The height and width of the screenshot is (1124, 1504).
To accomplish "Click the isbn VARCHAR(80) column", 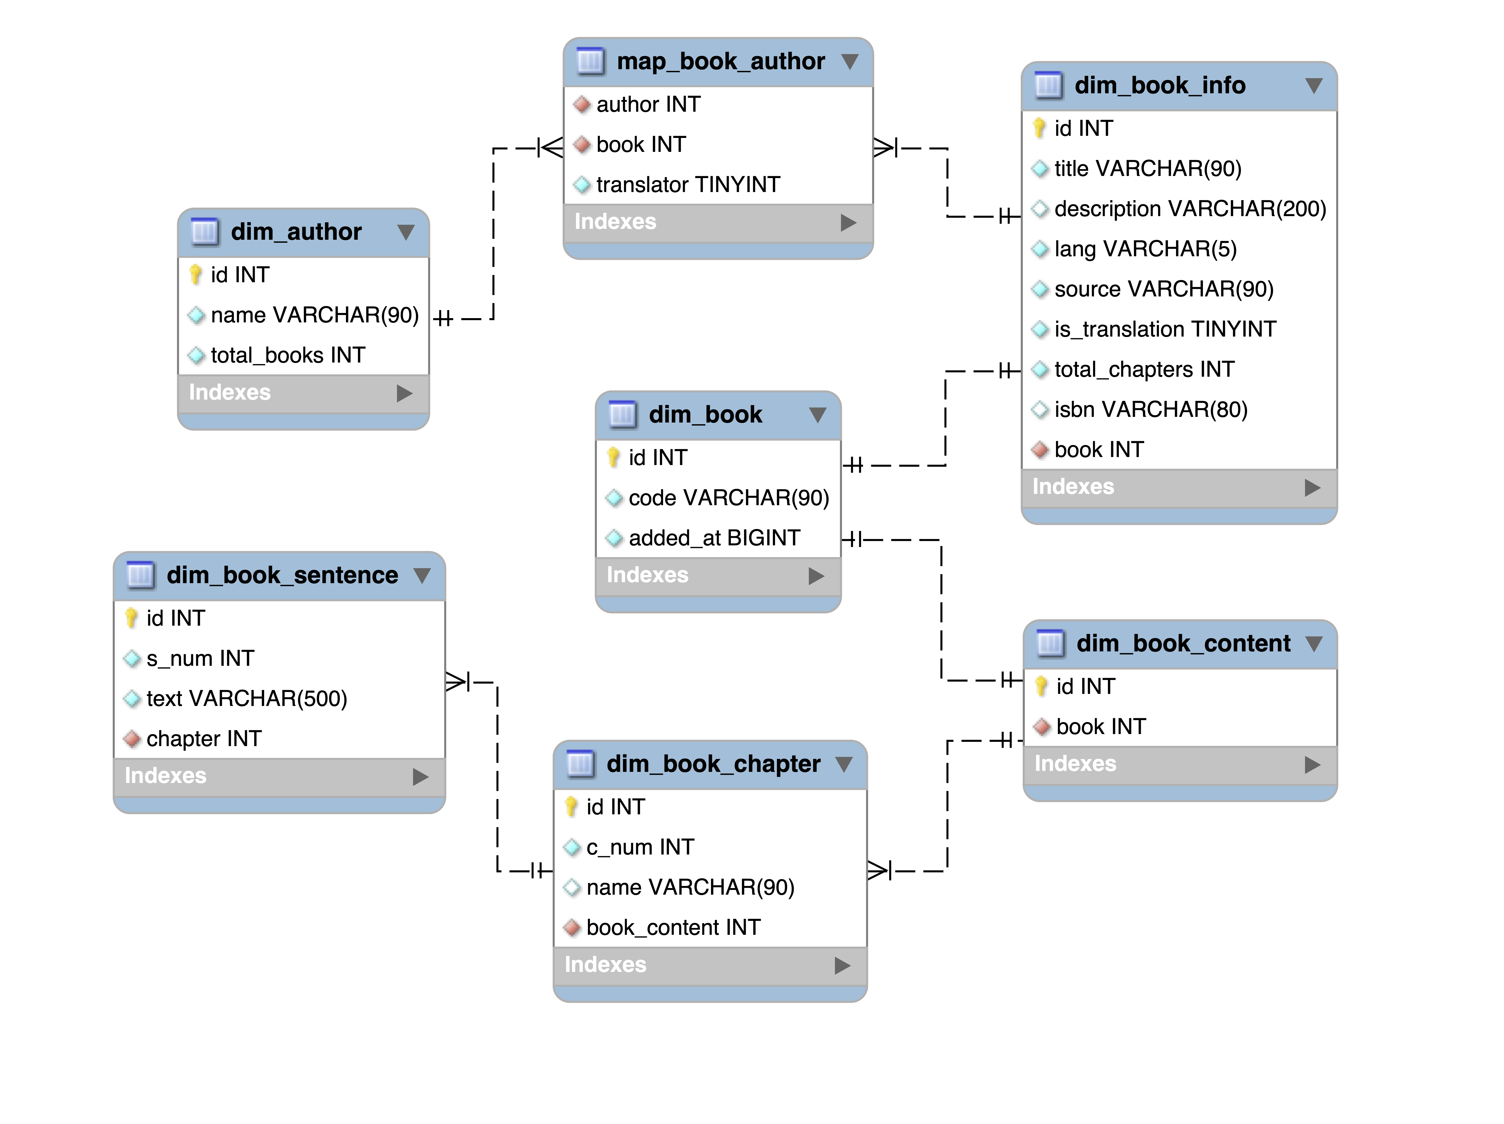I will click(x=1151, y=409).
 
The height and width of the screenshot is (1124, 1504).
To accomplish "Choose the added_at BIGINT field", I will click(x=714, y=538).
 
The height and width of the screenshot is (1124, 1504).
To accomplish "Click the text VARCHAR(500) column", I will click(x=246, y=698).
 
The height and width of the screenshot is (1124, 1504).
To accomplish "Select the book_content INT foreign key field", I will click(x=673, y=927).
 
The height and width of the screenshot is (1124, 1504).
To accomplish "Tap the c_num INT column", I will click(x=640, y=847).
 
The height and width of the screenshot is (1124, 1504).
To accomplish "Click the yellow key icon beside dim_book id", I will click(x=613, y=457).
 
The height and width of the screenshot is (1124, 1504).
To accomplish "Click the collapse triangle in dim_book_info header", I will click(x=1314, y=86).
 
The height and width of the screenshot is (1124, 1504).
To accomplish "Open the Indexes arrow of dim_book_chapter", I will click(x=842, y=965).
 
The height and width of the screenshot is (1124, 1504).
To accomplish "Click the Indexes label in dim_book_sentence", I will click(x=165, y=775).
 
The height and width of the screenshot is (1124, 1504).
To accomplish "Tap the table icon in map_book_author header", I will click(x=590, y=61).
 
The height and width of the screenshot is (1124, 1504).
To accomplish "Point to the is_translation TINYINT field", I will click(x=1165, y=329).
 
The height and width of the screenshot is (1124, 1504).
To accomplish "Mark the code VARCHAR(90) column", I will click(x=728, y=497).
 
